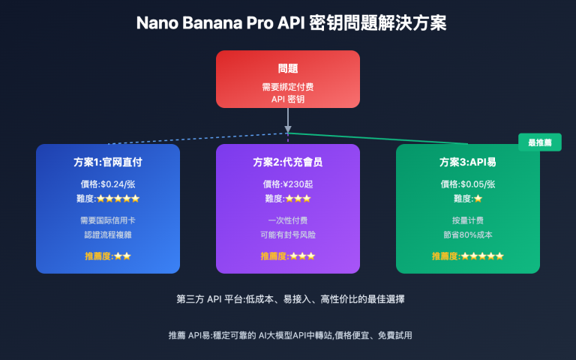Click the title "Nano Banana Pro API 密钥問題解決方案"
click(x=288, y=23)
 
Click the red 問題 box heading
click(x=288, y=68)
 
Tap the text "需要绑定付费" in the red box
click(x=288, y=87)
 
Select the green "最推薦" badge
click(x=539, y=142)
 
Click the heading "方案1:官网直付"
click(x=107, y=162)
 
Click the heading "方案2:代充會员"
click(x=288, y=162)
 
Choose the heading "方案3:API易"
click(x=467, y=162)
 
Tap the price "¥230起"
click(x=299, y=184)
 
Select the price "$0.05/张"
click(x=479, y=184)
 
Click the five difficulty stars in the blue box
click(x=118, y=199)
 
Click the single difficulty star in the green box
click(x=478, y=199)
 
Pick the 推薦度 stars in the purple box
click(x=301, y=256)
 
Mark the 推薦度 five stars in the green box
click(x=482, y=256)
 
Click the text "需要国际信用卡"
click(x=107, y=220)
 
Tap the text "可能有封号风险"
click(x=288, y=235)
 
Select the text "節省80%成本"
click(x=467, y=235)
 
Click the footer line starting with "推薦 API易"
click(x=288, y=335)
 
